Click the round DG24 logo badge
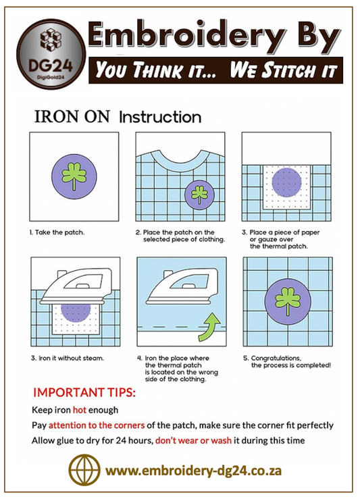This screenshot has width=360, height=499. (x=51, y=54)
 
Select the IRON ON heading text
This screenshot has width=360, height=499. (x=72, y=116)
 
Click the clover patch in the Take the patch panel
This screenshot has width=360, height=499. (x=74, y=177)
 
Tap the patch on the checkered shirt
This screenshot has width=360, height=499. (x=199, y=195)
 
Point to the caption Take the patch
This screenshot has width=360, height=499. (x=57, y=232)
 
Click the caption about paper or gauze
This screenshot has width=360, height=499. (x=281, y=239)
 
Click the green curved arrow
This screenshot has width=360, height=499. (x=209, y=327)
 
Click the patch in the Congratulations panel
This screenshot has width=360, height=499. (x=288, y=302)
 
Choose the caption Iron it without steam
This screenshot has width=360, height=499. (x=68, y=359)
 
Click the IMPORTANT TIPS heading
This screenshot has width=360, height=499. (x=84, y=392)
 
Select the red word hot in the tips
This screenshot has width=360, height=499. (x=80, y=410)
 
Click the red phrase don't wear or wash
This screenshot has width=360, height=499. (x=194, y=440)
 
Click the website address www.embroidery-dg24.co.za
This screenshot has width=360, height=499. (x=194, y=471)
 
